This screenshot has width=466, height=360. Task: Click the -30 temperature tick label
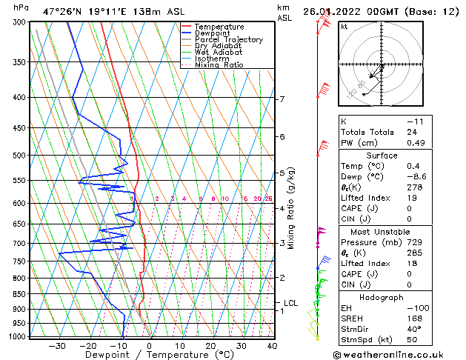[x=57, y=346]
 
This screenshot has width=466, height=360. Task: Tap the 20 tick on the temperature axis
[x=210, y=346]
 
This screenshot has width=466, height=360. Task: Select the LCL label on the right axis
[x=291, y=303]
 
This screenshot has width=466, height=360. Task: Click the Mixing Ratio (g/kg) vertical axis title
[x=291, y=208]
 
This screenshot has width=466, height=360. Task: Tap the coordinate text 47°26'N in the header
[x=63, y=11]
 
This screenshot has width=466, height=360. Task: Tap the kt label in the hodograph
[x=344, y=26]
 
